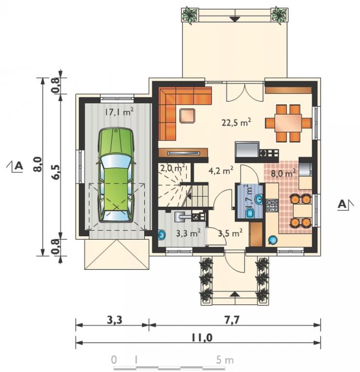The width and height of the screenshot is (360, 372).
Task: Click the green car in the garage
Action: pyautogui.click(x=116, y=175)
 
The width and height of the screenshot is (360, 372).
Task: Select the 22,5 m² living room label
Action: pyautogui.click(x=236, y=123)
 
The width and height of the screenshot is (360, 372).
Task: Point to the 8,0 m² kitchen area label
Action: pyautogui.click(x=283, y=173)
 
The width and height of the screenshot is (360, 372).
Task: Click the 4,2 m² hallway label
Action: pyautogui.click(x=221, y=170)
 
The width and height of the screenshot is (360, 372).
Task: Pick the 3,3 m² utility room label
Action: pyautogui.click(x=188, y=233)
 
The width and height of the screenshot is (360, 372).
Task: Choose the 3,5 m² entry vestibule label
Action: pyautogui.click(x=230, y=233)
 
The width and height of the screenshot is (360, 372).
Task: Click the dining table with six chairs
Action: pyautogui.click(x=288, y=123)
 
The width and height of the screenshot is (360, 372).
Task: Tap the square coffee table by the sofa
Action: pyautogui.click(x=187, y=116)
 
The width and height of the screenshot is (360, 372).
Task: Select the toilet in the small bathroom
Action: pyautogui.click(x=250, y=213)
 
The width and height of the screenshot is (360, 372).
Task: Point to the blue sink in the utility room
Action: pyautogui.click(x=162, y=235)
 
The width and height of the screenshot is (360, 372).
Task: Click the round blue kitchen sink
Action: pyautogui.click(x=272, y=240)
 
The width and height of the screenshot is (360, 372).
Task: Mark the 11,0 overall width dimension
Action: pyautogui.click(x=202, y=337)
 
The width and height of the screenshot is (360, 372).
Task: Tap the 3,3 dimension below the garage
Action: pyautogui.click(x=114, y=320)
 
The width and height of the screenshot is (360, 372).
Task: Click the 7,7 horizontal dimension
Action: pyautogui.click(x=232, y=320)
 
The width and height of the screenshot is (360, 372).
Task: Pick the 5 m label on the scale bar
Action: pyautogui.click(x=224, y=360)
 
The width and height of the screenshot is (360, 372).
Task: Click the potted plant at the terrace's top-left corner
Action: pyautogui.click(x=190, y=15)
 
